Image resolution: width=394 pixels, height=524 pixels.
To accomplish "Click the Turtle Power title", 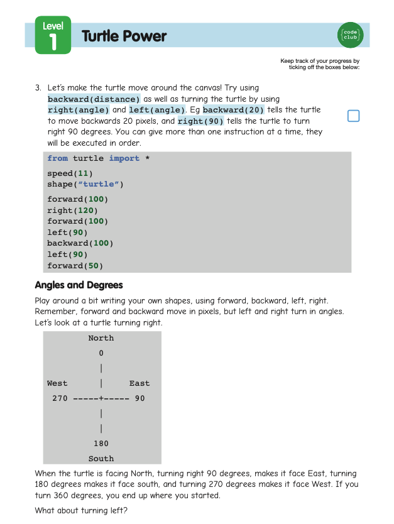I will click(124, 36).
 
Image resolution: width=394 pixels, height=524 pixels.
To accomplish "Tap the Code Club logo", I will click(350, 35).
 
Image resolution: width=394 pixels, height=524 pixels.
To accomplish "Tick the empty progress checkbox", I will click(353, 116).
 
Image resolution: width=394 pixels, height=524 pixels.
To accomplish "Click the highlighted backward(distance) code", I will click(94, 99).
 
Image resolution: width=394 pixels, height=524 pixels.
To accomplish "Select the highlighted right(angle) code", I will click(78, 110).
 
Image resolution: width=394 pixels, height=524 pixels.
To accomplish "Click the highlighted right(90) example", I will click(200, 121).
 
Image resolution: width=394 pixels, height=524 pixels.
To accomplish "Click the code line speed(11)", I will click(70, 173).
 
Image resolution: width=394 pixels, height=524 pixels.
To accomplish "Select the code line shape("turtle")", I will click(85, 185).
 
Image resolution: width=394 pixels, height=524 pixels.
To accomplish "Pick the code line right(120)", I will click(72, 210).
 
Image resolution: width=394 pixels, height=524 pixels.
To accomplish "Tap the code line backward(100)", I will click(80, 243).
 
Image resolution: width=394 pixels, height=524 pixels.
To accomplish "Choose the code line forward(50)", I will click(75, 266).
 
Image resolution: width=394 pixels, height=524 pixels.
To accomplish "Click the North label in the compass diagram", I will click(101, 338).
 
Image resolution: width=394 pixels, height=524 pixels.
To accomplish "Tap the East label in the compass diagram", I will click(140, 383).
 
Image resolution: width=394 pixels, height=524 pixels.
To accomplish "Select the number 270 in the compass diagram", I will click(60, 398).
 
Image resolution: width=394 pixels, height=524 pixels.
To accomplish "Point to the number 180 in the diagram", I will click(101, 444).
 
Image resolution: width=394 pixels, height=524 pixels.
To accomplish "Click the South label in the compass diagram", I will click(101, 459).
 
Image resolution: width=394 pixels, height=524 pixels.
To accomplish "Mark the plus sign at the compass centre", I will click(101, 398).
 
